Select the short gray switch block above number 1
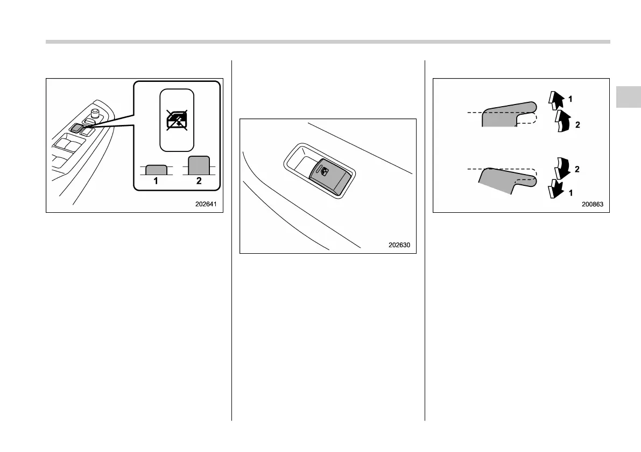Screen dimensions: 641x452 pos(156,170)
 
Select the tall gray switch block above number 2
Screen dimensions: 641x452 pos(199,165)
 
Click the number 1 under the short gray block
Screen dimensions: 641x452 pos(156,182)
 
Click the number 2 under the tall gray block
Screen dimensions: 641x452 pos(199,182)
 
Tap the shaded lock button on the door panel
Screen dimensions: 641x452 pos(75,128)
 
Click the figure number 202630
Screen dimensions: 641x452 pos(399,245)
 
